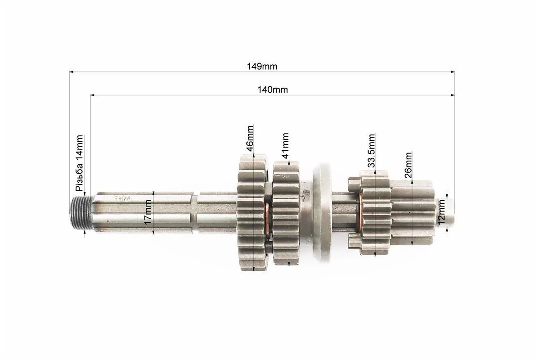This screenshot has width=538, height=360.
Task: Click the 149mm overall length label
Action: [262, 66]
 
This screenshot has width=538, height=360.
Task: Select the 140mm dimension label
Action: [273, 90]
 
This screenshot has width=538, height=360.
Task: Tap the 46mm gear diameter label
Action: [250, 139]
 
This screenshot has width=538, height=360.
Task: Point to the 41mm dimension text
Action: [285, 145]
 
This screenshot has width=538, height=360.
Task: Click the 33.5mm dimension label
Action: [371, 151]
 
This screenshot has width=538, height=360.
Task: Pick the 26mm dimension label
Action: [408, 165]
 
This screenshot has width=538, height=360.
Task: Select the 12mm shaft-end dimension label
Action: [441, 211]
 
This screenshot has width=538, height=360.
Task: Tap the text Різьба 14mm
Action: [79, 163]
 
